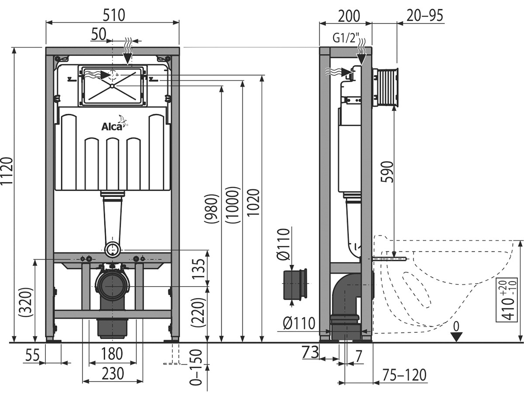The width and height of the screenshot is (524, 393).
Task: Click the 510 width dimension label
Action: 114,15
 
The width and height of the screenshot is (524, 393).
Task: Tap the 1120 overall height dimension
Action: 7,171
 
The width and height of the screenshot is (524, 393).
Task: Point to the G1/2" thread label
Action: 346,38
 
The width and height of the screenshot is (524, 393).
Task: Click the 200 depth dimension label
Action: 349,16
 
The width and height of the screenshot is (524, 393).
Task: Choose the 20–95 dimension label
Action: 425,16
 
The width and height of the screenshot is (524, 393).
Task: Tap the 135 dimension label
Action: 198,269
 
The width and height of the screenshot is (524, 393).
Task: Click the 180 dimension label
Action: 112,354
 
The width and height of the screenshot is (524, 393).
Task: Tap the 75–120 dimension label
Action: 404,375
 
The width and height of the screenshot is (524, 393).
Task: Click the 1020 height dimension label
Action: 253,203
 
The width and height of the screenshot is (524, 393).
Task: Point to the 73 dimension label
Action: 310,352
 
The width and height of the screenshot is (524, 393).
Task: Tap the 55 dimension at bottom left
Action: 33,355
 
